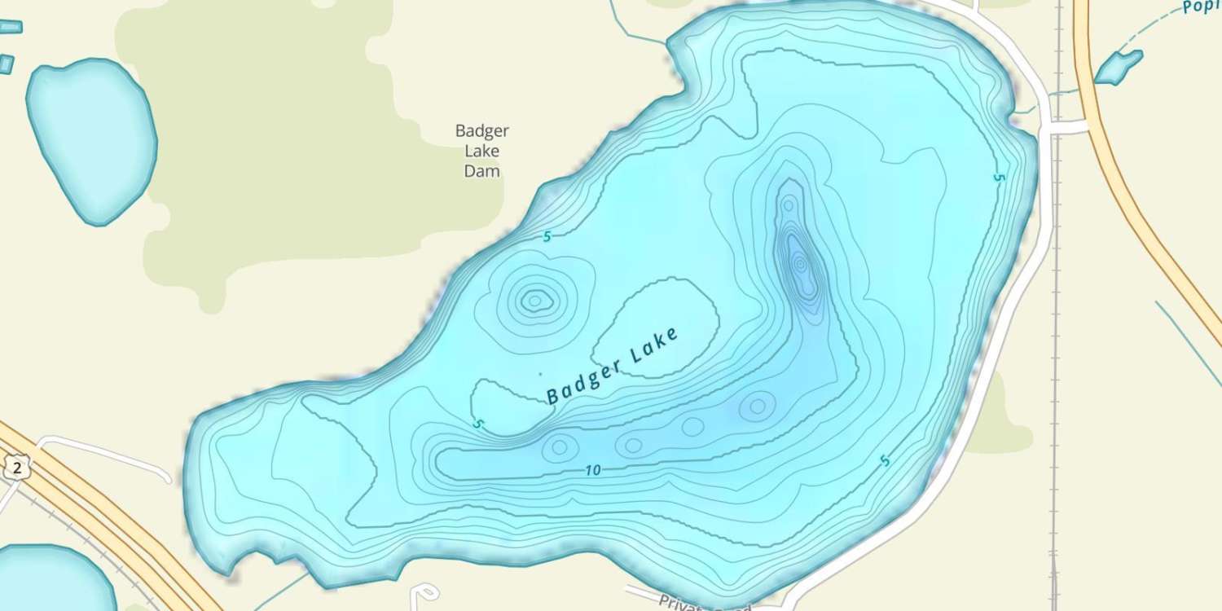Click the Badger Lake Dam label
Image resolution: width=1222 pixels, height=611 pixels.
[x=481, y=151]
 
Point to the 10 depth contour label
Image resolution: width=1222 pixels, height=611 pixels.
[x=592, y=470]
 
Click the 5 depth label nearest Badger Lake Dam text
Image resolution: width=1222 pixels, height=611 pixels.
[x=547, y=236]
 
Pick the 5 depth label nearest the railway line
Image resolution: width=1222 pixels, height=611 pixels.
[x=1000, y=177]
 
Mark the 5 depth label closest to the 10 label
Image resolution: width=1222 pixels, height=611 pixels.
[x=478, y=424]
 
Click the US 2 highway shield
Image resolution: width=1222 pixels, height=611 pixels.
[x=16, y=468]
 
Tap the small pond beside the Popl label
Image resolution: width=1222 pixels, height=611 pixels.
[x=1118, y=67]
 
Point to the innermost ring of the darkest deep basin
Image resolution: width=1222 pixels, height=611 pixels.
[x=800, y=263]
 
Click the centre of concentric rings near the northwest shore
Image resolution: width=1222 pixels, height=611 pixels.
[x=534, y=301]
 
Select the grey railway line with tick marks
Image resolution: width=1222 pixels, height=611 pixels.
[x=1057, y=326]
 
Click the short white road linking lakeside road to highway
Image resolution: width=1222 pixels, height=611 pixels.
[x=1067, y=127]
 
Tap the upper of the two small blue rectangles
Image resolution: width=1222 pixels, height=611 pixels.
[x=10, y=27]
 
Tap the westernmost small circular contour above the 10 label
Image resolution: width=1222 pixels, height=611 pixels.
[x=560, y=446]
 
